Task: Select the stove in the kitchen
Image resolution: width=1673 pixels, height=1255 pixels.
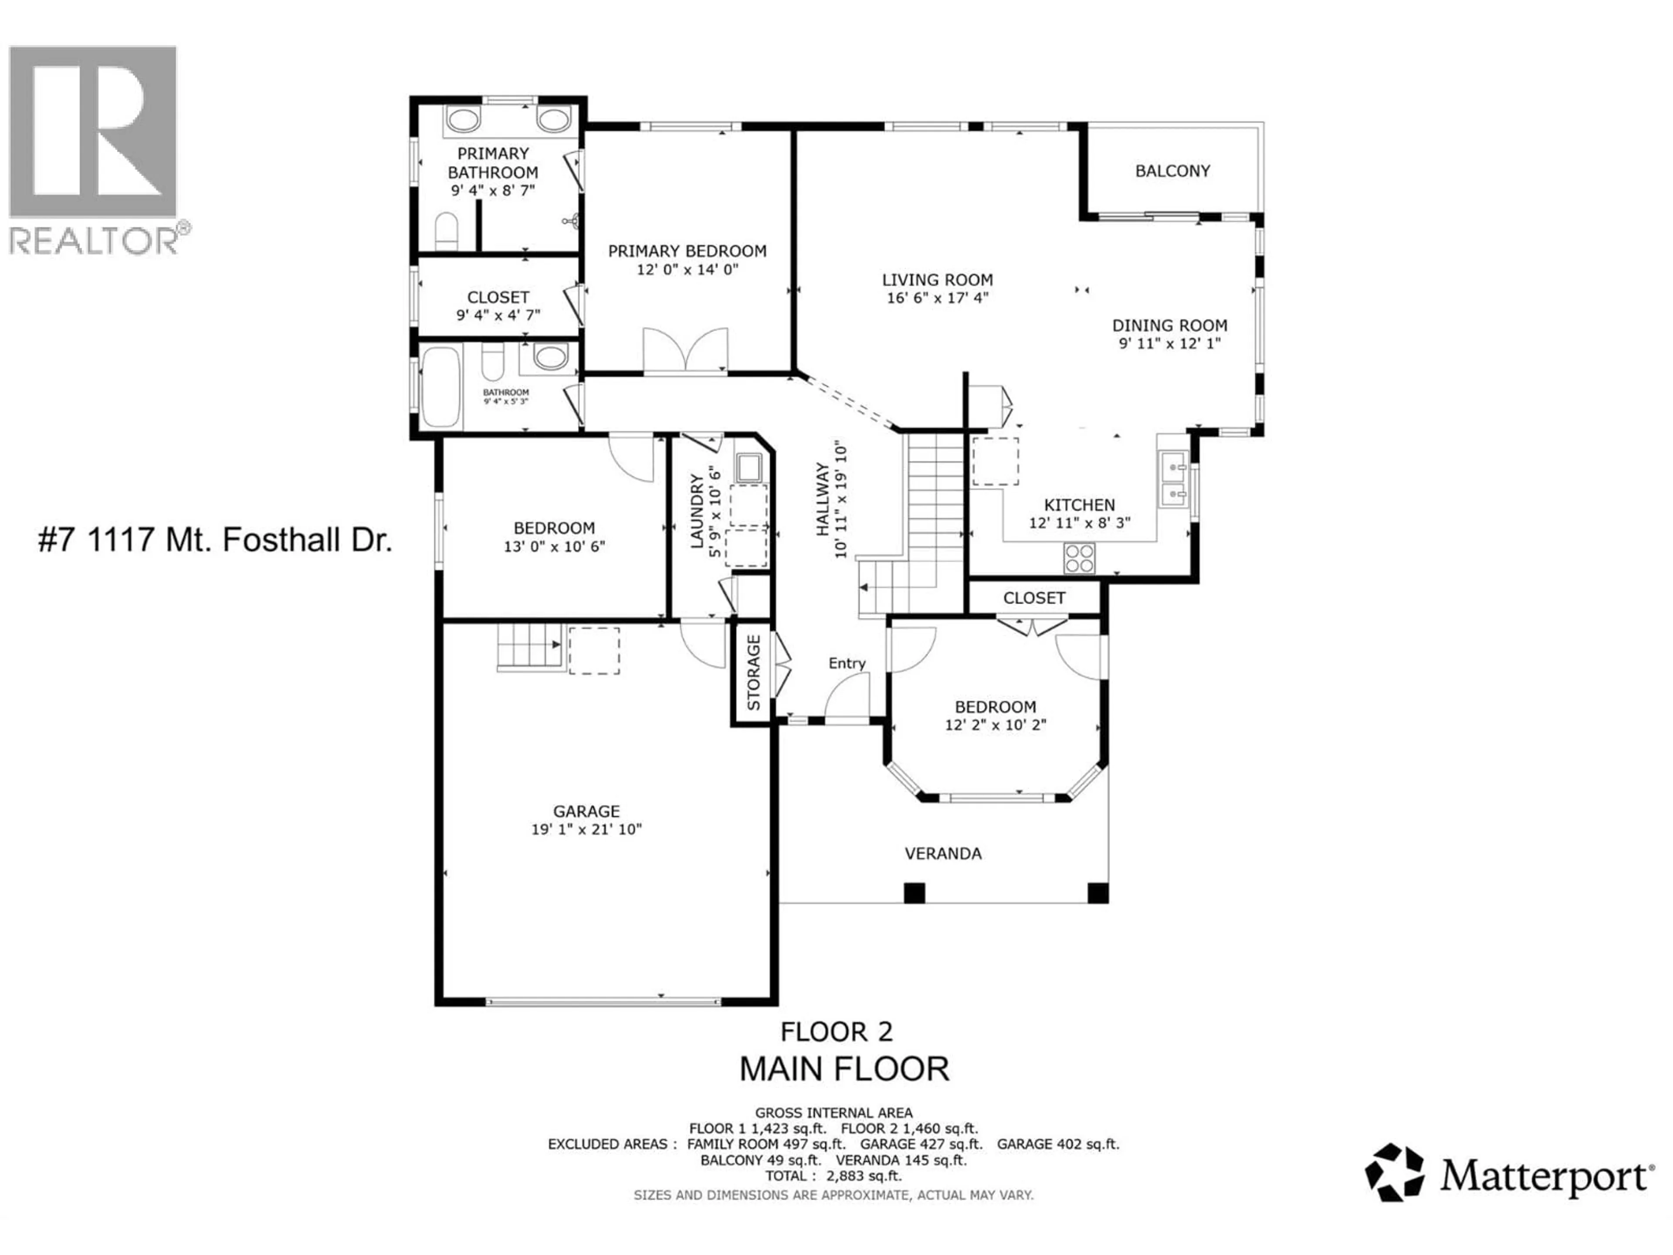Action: tap(1079, 558)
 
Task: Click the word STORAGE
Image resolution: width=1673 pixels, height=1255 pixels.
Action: tap(753, 672)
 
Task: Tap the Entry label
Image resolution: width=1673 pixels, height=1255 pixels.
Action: tap(847, 663)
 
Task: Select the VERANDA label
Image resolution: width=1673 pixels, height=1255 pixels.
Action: tap(943, 853)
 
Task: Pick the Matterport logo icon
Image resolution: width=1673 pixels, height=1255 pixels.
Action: tap(1394, 1173)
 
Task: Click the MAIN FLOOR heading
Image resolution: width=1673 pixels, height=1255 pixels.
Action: tap(843, 1069)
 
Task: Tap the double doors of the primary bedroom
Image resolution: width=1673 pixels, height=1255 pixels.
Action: tap(685, 350)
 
